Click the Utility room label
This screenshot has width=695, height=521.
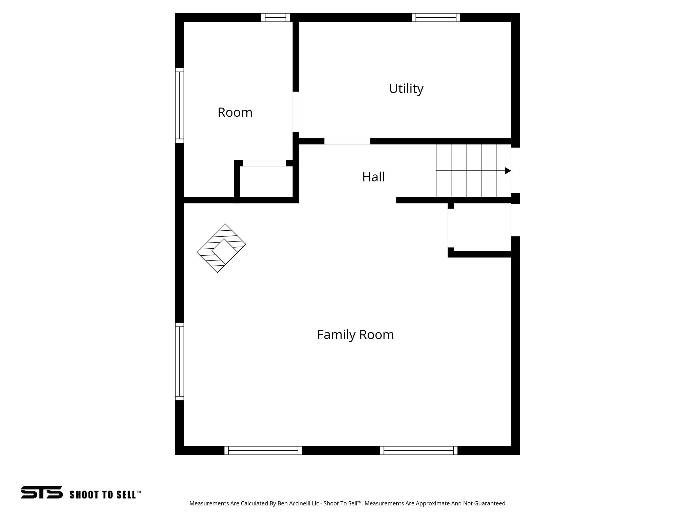pos(406,89)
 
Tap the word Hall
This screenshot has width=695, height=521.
pos(373,177)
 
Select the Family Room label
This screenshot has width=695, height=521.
pos(355,335)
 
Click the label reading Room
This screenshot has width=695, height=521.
pos(235,113)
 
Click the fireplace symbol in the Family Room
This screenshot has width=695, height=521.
pos(221,248)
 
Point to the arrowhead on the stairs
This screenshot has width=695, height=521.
pos(508,171)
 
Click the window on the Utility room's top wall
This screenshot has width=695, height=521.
pos(436,17)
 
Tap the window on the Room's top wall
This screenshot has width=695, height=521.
pos(276,17)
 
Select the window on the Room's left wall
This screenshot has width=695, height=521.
pos(180,105)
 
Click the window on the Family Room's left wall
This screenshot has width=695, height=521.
pos(180,361)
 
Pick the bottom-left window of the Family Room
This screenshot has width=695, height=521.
pos(263,450)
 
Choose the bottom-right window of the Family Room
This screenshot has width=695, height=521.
pos(418,450)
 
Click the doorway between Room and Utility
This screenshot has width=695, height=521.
pos(296,112)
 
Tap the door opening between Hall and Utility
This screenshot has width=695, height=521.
pos(347,141)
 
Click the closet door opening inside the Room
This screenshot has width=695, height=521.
pos(264,163)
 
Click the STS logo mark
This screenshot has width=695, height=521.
pos(42,492)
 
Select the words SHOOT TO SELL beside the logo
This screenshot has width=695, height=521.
pos(105,495)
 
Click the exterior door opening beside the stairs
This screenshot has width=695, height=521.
pos(515,170)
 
